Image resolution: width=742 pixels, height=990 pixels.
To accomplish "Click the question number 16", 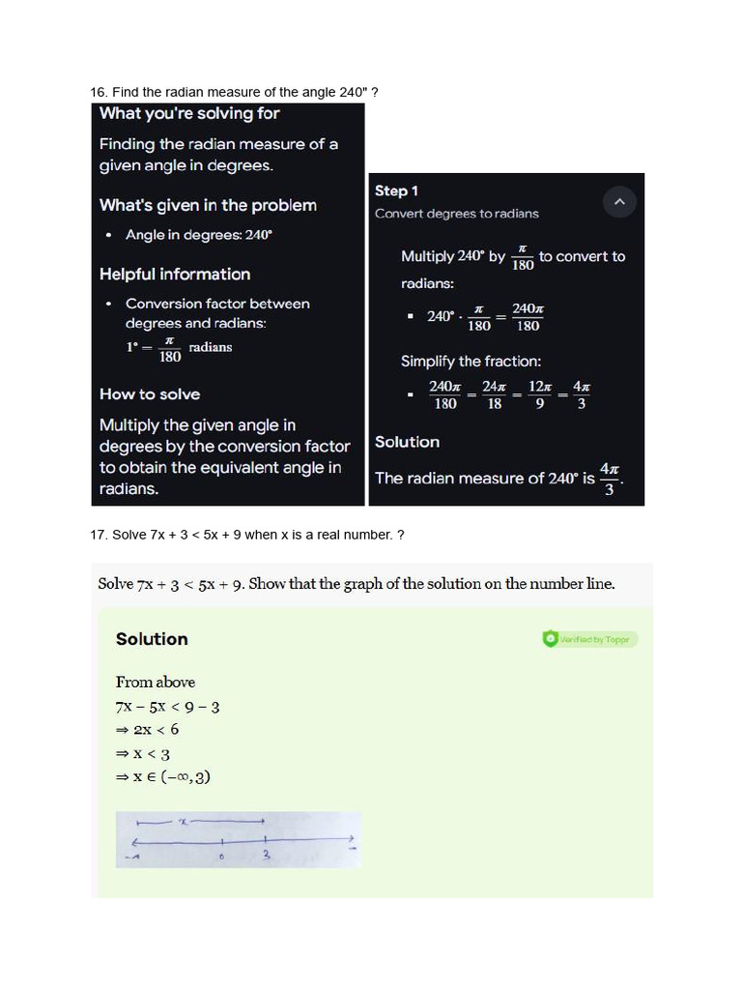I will click(x=98, y=93).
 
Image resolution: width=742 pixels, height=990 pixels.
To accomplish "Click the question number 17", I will click(x=98, y=535).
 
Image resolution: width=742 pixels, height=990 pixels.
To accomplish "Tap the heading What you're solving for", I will click(x=189, y=114).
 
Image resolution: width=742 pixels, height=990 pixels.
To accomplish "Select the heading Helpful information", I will click(x=175, y=275).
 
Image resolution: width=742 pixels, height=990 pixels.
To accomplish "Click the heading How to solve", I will click(x=150, y=394).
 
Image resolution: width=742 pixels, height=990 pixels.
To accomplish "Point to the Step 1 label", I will click(x=396, y=191).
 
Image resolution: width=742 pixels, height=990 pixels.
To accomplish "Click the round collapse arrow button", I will click(x=619, y=202).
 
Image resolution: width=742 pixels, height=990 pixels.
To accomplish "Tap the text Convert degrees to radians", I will click(x=457, y=214).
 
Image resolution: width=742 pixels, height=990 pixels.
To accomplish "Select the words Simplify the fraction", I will click(x=471, y=362).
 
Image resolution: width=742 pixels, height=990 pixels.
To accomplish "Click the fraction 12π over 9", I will click(x=540, y=394).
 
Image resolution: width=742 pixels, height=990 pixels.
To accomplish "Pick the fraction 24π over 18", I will click(x=494, y=394).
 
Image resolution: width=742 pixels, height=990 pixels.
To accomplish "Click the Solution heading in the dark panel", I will click(x=407, y=442).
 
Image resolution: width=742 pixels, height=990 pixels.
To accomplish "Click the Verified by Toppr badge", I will click(x=590, y=639).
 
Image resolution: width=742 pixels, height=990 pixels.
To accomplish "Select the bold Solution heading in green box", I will click(x=152, y=639).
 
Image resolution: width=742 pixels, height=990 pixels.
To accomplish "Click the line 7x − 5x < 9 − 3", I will click(x=168, y=707).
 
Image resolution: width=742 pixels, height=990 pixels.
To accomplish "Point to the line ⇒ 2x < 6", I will click(x=147, y=730).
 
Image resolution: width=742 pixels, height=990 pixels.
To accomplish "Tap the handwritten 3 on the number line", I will click(x=267, y=855).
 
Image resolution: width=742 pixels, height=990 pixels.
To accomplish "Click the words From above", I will click(x=156, y=682).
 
